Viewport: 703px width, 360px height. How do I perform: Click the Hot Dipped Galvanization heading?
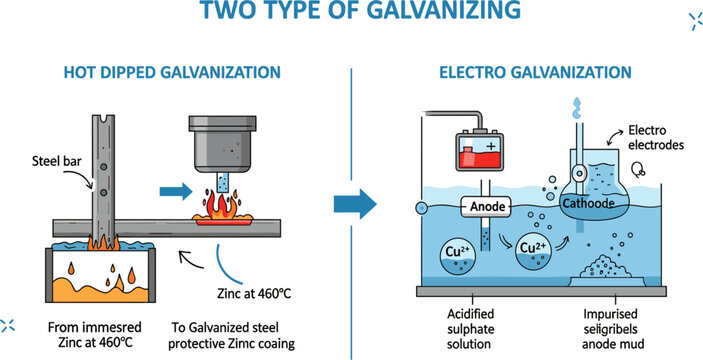(172, 73)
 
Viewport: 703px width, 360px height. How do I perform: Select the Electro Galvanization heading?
(536, 73)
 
